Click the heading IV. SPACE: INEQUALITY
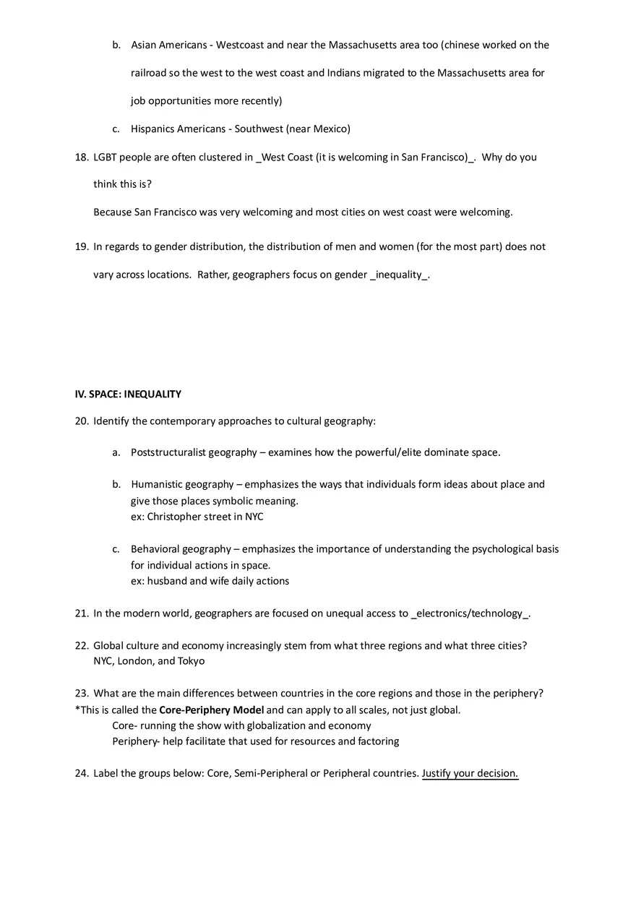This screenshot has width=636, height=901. point(128,395)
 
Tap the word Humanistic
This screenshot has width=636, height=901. point(156,484)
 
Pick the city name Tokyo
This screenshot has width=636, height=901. point(192,661)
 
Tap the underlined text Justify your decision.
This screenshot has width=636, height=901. point(470,773)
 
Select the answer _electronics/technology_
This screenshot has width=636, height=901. point(470,613)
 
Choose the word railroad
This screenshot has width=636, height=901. point(151,73)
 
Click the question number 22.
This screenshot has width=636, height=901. point(81,645)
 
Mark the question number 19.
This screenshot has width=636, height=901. point(81,246)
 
